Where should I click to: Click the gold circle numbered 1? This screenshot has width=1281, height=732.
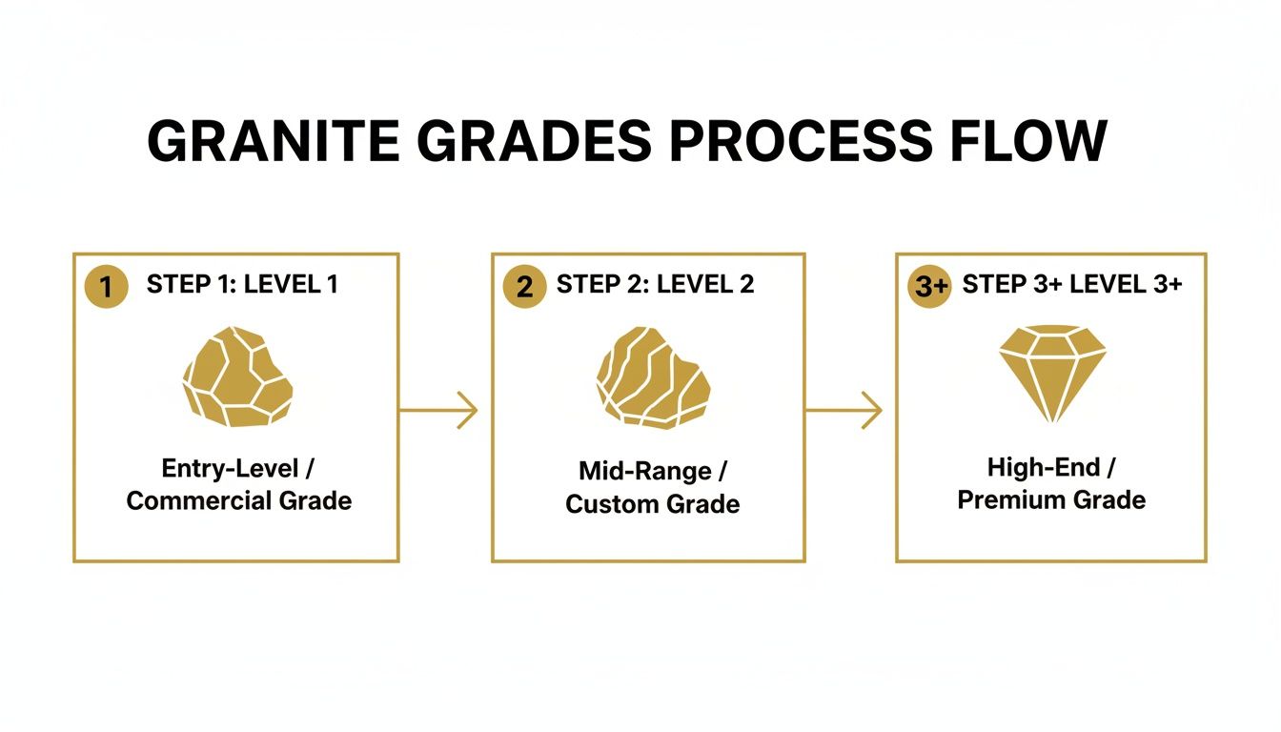click(x=106, y=287)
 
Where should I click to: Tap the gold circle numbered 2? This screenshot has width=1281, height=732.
click(x=524, y=287)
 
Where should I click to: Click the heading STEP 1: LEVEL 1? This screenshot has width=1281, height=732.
click(x=242, y=284)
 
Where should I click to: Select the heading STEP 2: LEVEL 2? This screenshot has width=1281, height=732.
click(x=655, y=284)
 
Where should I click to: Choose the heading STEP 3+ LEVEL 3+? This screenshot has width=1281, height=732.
click(x=1072, y=284)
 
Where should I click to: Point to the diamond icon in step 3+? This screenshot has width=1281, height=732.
click(x=1052, y=373)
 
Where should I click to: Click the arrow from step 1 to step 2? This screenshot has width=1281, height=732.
click(x=438, y=410)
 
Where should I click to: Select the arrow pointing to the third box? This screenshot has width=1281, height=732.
click(x=844, y=410)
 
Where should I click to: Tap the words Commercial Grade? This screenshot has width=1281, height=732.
click(x=239, y=500)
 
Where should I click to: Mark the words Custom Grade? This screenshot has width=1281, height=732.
click(x=653, y=503)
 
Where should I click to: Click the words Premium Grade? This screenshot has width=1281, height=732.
click(x=1051, y=499)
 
